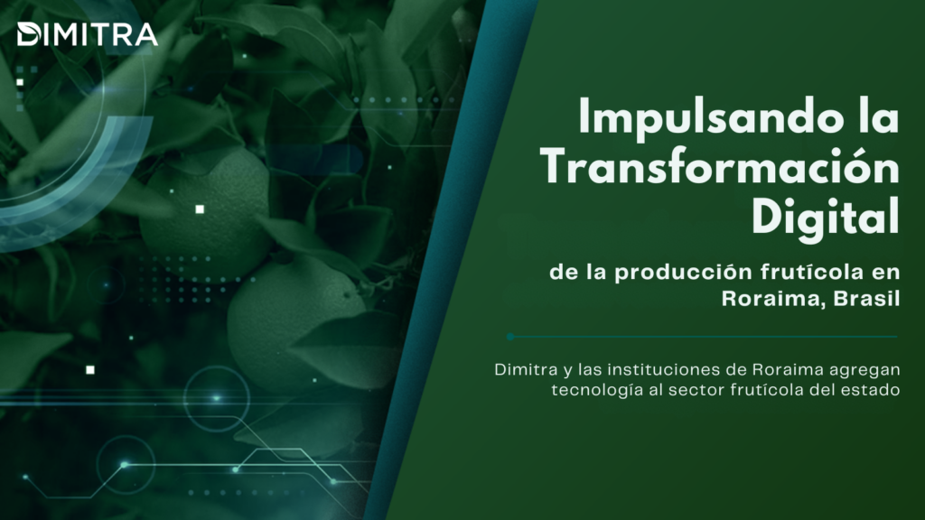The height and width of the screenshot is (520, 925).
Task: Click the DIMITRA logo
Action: (x=88, y=34)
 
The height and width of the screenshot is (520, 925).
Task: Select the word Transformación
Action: (x=720, y=167)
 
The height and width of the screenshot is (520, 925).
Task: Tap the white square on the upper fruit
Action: (x=200, y=209)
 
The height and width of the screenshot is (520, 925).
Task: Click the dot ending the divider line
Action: (x=510, y=337)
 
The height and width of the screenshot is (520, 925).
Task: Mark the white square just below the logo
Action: (x=20, y=82)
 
